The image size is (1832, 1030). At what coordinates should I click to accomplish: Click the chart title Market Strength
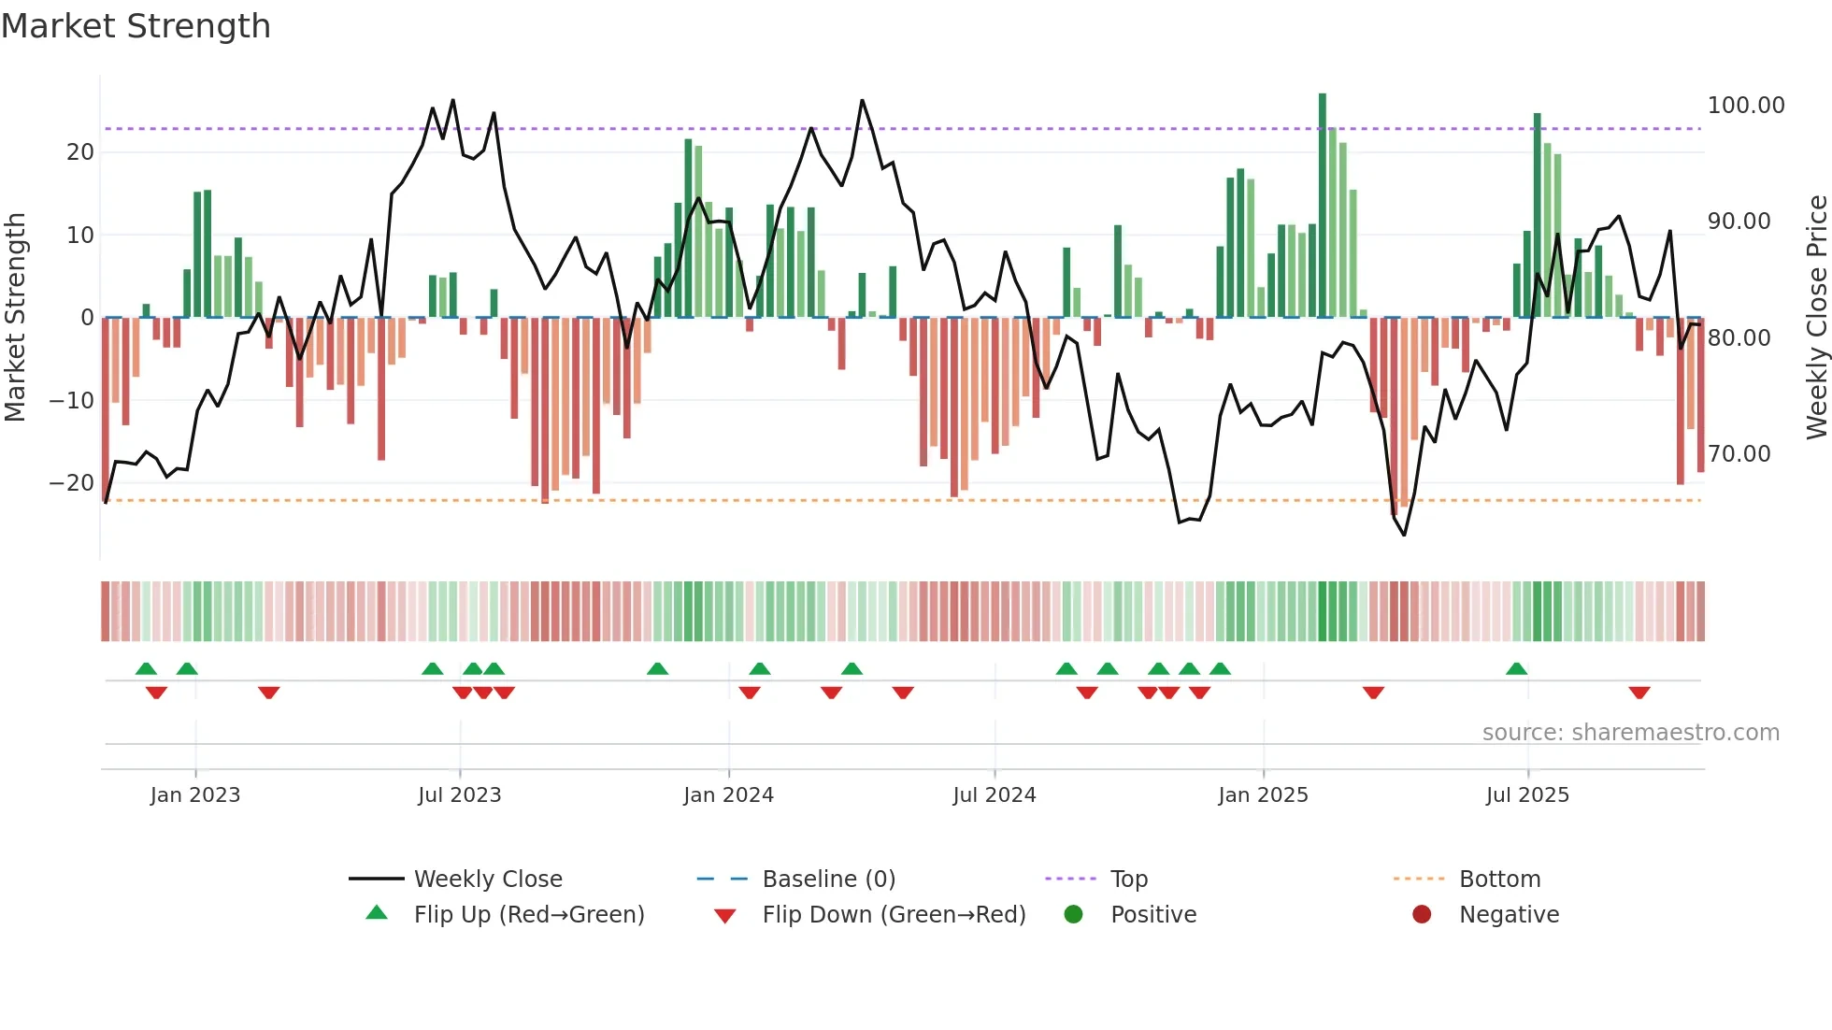[136, 26]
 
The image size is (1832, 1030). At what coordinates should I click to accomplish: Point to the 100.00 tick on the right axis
[1745, 106]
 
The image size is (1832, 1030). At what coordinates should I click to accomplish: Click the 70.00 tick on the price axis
[1739, 454]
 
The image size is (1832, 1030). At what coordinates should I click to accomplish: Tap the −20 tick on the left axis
[72, 483]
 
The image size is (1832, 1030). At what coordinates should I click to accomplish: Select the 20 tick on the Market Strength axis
[80, 152]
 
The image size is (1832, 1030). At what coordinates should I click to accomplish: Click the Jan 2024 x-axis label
[728, 795]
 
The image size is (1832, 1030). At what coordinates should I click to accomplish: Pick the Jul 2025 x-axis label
[1527, 795]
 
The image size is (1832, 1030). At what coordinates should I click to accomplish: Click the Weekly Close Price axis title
[1816, 318]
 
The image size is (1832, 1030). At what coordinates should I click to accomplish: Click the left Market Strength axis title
[16, 318]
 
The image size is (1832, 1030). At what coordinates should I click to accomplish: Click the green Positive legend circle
[1073, 915]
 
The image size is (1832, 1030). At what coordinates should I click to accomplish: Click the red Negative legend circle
[1422, 915]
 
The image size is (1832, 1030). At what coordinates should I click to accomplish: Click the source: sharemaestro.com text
[1630, 733]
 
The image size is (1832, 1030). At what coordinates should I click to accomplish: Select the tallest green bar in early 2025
[1323, 206]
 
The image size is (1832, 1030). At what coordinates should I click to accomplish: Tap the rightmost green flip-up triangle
[1516, 669]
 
